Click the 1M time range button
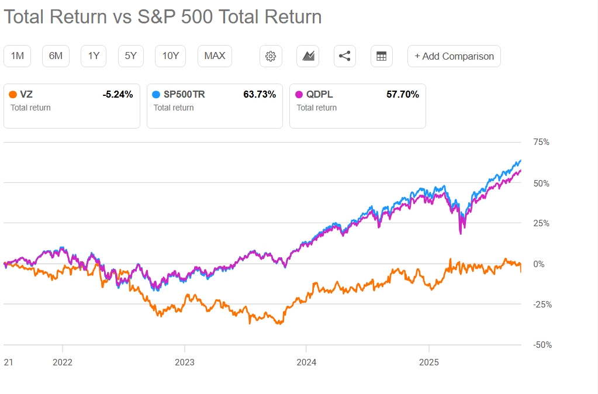pos(18,56)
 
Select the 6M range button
pos(56,56)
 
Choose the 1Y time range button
pos(94,56)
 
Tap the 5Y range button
pos(130,56)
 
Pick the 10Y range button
pos(170,56)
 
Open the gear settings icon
pos(270,56)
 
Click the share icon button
pos(345,56)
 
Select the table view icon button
pos(382,56)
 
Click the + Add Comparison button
pos(454,56)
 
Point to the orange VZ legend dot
pos(13,94)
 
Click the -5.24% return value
pos(117,94)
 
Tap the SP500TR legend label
pos(184,94)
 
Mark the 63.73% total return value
pos(260,94)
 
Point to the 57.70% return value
pos(403,94)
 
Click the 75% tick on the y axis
pos(541,142)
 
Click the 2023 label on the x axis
pos(184,362)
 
